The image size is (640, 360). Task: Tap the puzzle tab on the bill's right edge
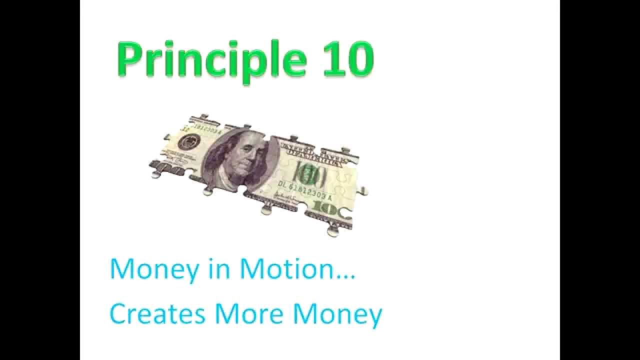click(x=363, y=191)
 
